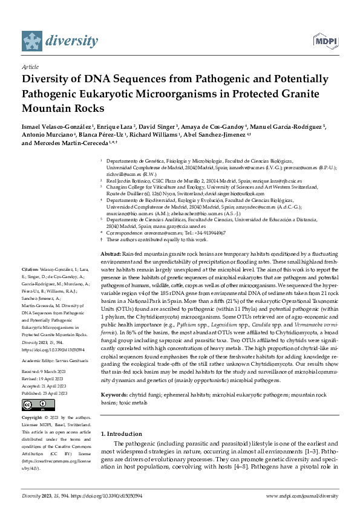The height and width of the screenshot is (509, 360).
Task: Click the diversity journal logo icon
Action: click(x=34, y=41)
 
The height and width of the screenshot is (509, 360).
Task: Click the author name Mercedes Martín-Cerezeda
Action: click(x=80, y=144)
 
